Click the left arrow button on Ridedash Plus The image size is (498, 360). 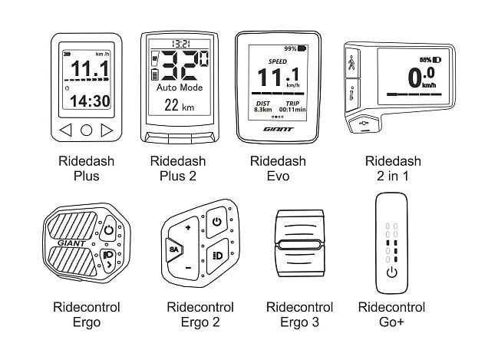[x=66, y=130]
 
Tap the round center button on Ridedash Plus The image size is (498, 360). [x=87, y=130]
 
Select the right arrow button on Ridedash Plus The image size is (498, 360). [x=107, y=130]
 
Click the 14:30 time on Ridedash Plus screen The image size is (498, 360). [x=90, y=101]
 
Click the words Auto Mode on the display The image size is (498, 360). [x=180, y=88]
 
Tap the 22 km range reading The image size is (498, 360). [x=179, y=105]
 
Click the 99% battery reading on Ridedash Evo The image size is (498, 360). [x=290, y=48]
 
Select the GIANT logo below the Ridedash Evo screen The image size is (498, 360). [x=279, y=129]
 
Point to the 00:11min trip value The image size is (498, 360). [x=292, y=110]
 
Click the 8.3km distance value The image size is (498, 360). [x=263, y=110]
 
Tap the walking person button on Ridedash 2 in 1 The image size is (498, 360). [x=351, y=63]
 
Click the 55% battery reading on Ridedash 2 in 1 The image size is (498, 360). [x=425, y=60]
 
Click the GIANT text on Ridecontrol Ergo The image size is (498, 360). [x=71, y=243]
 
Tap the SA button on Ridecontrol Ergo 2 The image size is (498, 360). [x=173, y=249]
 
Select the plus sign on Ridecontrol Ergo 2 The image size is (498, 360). [x=188, y=227]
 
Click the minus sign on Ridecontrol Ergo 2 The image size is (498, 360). [x=188, y=268]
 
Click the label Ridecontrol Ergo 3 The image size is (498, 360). [x=299, y=315]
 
